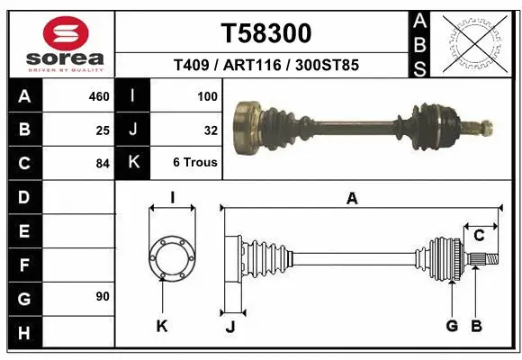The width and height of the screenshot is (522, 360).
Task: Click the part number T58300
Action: click(266, 33)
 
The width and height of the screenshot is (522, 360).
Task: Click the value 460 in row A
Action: click(98, 95)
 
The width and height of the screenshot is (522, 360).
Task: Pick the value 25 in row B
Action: click(102, 130)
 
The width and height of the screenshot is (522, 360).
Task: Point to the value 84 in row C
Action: click(102, 164)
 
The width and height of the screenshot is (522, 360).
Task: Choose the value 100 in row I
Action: click(207, 95)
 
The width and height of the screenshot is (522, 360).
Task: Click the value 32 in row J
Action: click(211, 130)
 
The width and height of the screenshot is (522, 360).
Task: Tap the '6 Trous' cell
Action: click(195, 164)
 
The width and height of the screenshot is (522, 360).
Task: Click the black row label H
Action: click(23, 333)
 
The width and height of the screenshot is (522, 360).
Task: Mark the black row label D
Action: click(23, 197)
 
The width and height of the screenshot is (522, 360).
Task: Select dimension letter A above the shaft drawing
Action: click(353, 199)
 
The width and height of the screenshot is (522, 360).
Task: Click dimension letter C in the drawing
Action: click(480, 236)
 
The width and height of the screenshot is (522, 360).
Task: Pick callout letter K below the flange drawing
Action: click(162, 327)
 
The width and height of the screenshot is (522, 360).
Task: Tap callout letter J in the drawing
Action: click(229, 327)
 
